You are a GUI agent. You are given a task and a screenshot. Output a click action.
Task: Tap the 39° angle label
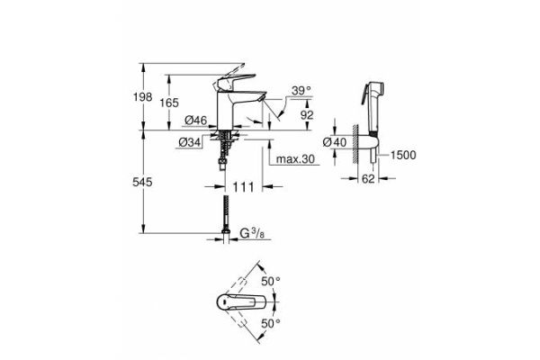click(x=301, y=90)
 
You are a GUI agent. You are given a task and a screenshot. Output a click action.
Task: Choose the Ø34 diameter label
click(x=189, y=142)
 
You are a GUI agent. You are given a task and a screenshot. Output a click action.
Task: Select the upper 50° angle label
click(x=271, y=282)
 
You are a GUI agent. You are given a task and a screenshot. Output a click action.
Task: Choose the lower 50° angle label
click(x=271, y=321)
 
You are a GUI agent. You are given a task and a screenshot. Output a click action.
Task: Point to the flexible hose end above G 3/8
click(x=222, y=220)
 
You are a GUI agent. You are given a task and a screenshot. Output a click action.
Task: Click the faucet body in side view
click(x=225, y=108)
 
